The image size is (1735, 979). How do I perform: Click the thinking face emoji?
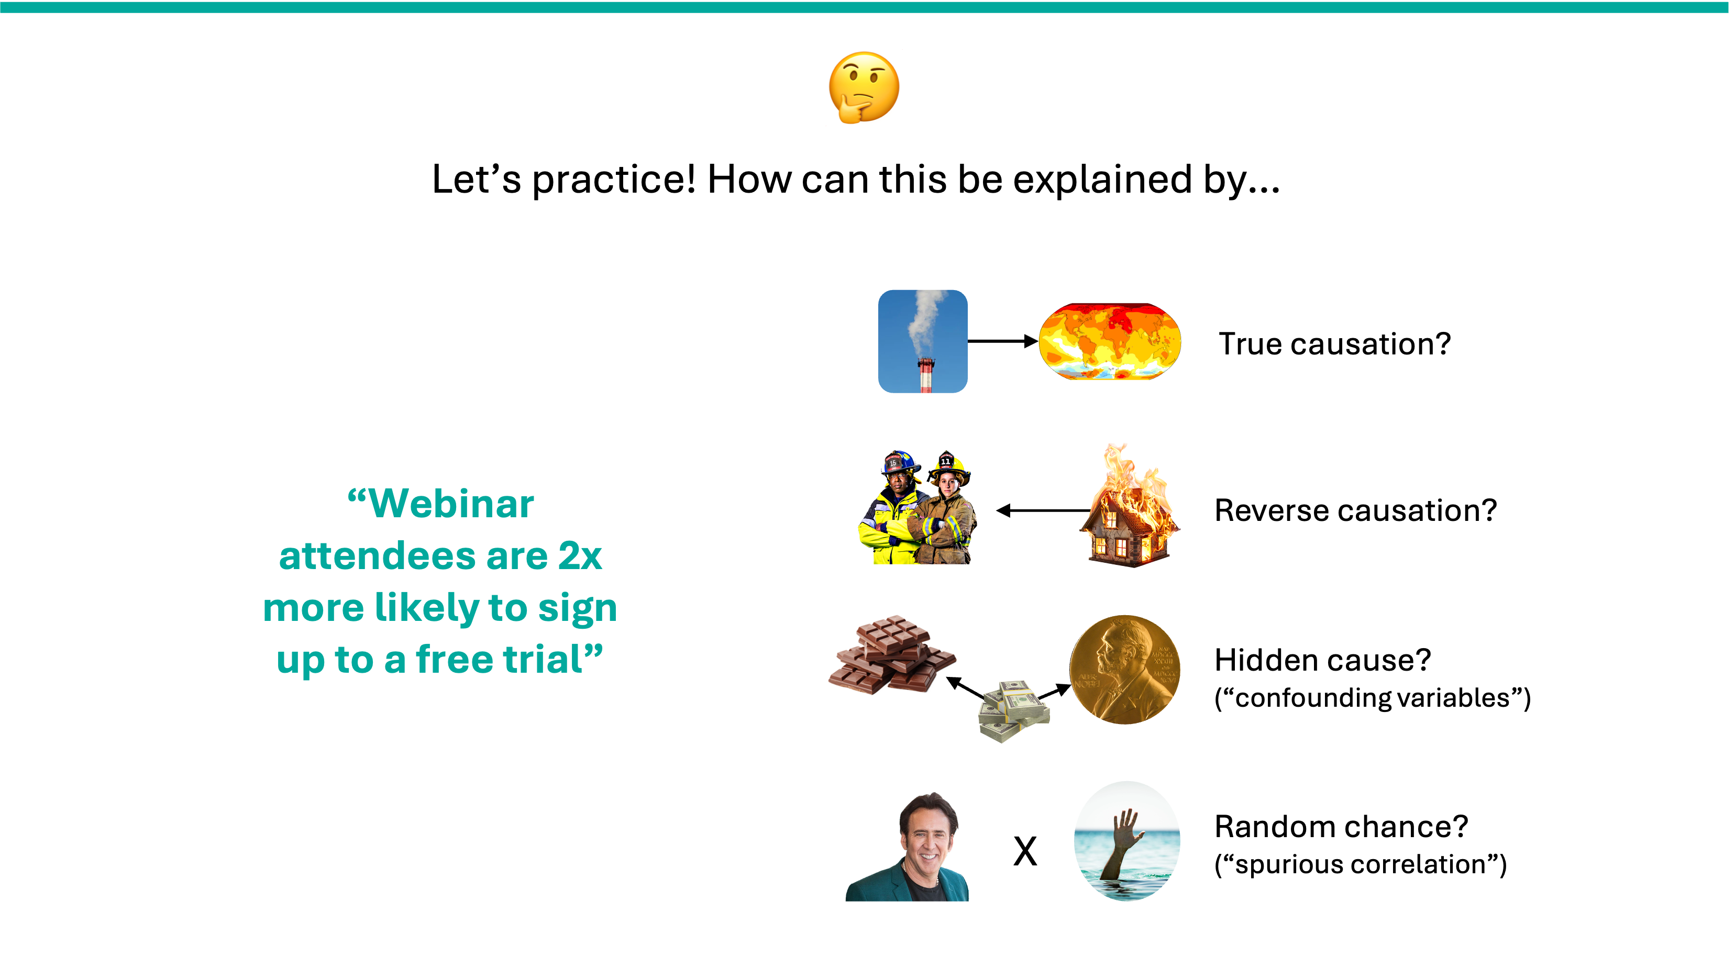click(864, 87)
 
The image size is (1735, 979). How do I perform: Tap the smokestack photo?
click(923, 341)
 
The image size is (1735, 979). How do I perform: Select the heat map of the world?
click(1110, 341)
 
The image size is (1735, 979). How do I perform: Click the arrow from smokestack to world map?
click(1003, 341)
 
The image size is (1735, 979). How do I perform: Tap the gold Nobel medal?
click(1125, 669)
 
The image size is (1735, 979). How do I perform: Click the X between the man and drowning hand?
click(1025, 851)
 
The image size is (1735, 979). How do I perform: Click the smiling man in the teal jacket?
click(908, 847)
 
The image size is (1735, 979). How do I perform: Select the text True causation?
click(1334, 344)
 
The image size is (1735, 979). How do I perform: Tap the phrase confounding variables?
click(1373, 698)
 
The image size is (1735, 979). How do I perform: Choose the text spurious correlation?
click(1361, 864)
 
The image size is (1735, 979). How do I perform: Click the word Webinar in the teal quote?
click(451, 504)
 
